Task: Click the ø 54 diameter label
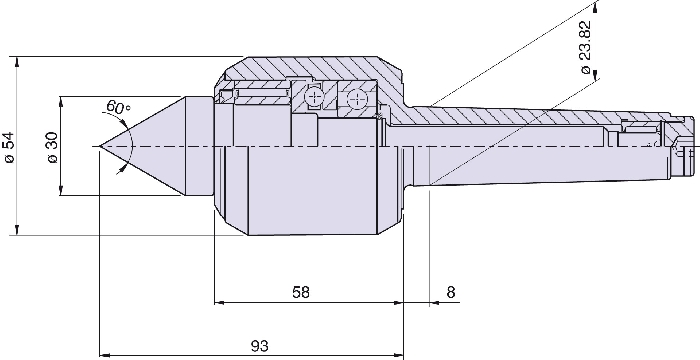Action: coord(10,147)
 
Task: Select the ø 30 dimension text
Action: coord(52,147)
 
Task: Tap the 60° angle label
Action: coord(118,107)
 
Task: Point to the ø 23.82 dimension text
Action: coord(585,47)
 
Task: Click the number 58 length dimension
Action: coord(300,292)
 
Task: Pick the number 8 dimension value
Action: coord(450,292)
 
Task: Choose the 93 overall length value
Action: coord(260,346)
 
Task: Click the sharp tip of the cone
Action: coord(99,147)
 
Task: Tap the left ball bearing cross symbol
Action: coord(313,96)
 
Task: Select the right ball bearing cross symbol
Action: coord(356,98)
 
